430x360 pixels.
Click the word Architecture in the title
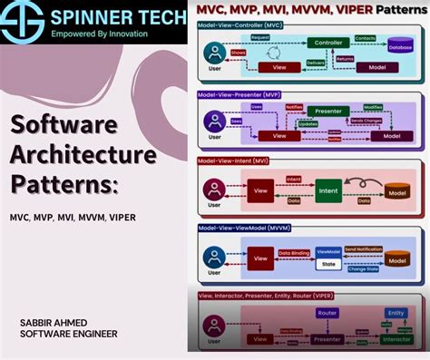pos(83,155)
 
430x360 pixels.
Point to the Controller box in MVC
pos(327,43)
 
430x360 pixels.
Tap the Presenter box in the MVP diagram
pos(327,112)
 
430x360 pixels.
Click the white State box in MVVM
pos(327,267)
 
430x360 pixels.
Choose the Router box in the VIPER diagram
pos(327,313)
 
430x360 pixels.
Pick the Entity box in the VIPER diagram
pos(396,313)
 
